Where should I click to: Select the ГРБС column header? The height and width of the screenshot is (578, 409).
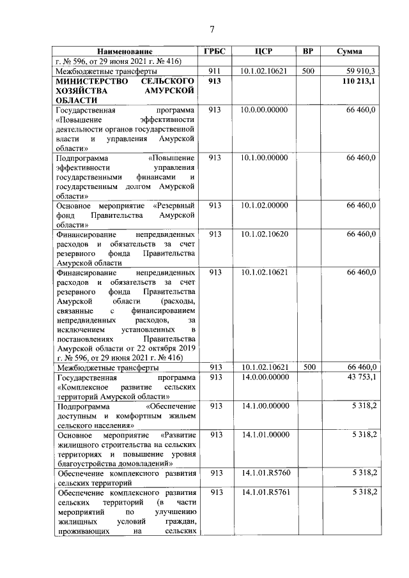pyautogui.click(x=215, y=51)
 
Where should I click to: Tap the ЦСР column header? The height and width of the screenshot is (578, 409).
pyautogui.click(x=264, y=51)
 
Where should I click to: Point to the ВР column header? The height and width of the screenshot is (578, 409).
pyautogui.click(x=308, y=51)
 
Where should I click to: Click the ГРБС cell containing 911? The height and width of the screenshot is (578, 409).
pyautogui.click(x=215, y=72)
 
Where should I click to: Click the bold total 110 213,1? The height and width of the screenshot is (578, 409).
pyautogui.click(x=359, y=82)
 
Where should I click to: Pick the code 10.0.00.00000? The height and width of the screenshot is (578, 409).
pyautogui.click(x=265, y=110)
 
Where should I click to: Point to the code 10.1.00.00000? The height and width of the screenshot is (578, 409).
pyautogui.click(x=265, y=157)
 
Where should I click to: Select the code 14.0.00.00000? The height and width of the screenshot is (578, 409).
pyautogui.click(x=265, y=377)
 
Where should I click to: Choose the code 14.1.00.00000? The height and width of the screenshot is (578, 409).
pyautogui.click(x=265, y=406)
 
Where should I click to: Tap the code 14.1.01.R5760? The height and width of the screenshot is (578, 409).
pyautogui.click(x=265, y=473)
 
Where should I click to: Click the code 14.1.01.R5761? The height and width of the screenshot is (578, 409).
pyautogui.click(x=265, y=492)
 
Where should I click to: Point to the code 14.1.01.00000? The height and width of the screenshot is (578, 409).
pyautogui.click(x=265, y=434)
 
